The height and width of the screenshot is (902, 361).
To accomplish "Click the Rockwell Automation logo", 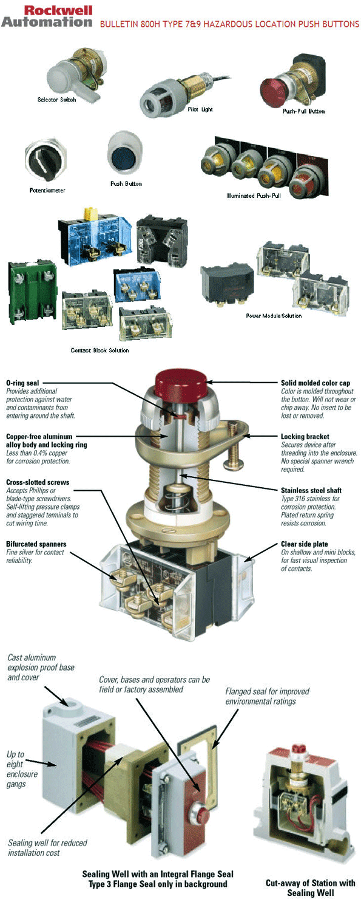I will [46, 16].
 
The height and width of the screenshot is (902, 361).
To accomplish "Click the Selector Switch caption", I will [57, 100].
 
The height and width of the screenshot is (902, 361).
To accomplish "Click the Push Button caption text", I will [126, 183].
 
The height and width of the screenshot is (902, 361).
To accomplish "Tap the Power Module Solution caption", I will [274, 316].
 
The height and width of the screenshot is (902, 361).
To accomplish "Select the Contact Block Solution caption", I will [100, 350].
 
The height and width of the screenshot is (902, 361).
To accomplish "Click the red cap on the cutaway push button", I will [181, 383].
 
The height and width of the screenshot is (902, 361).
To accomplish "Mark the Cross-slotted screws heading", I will [38, 482].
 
